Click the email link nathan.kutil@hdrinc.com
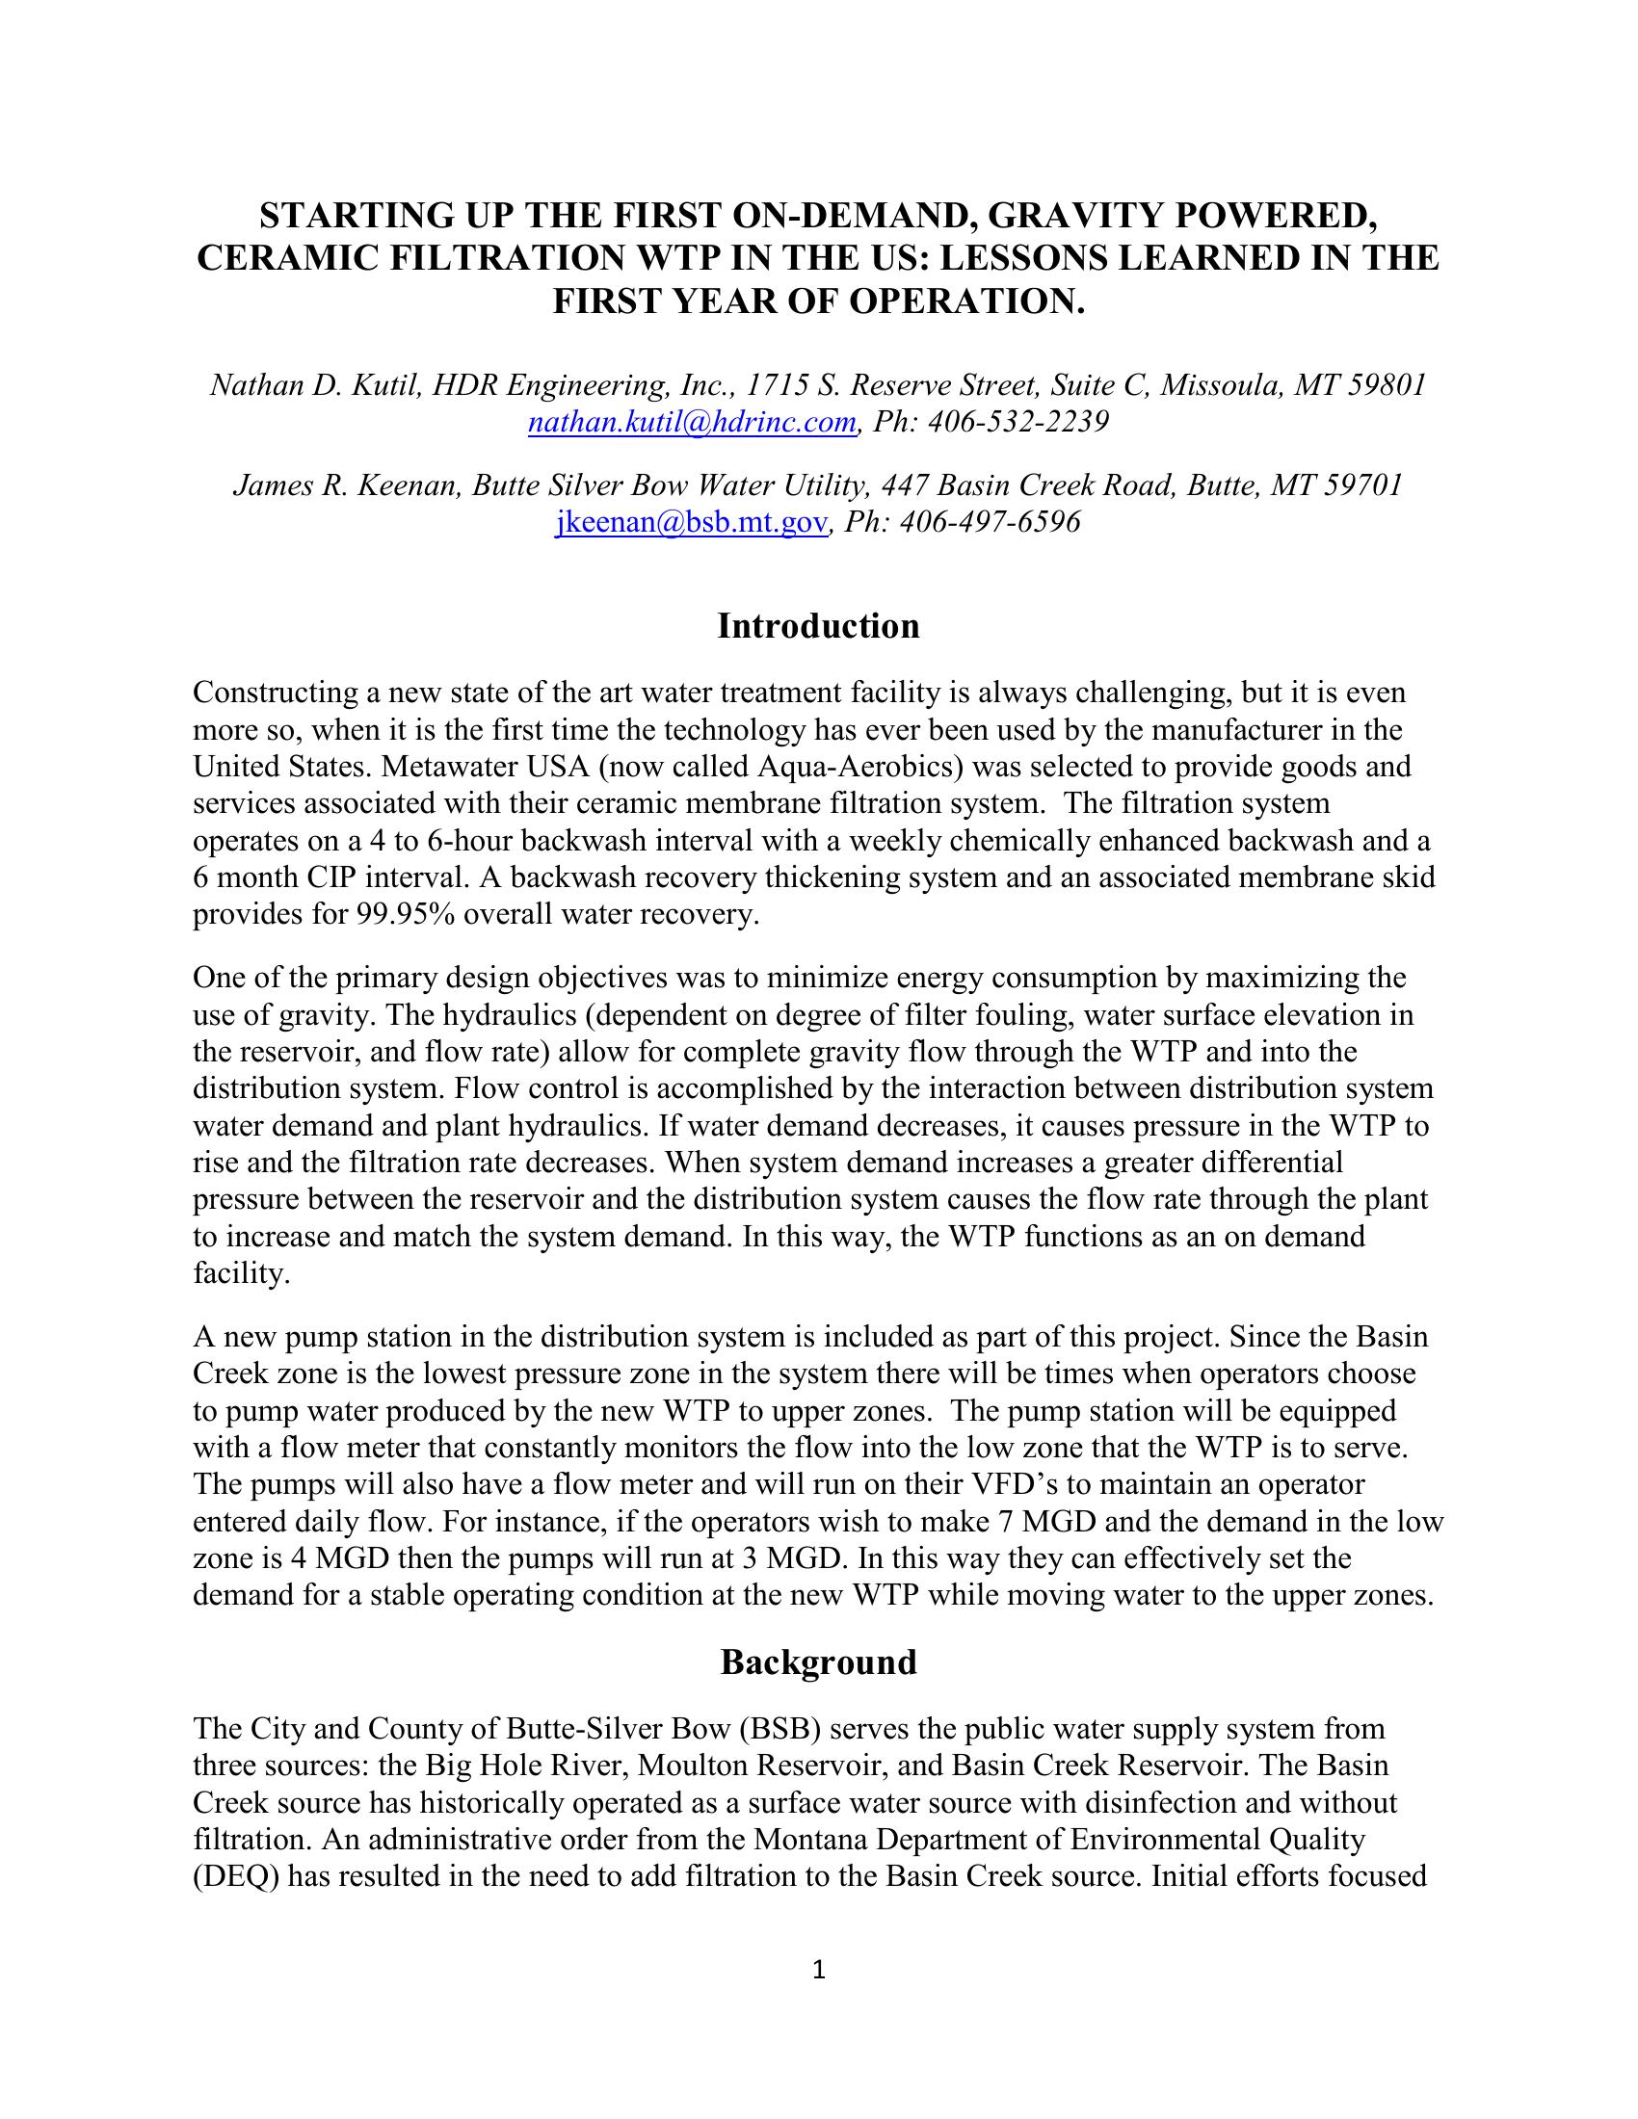(692, 422)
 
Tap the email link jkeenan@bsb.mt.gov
(691, 522)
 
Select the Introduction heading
(818, 626)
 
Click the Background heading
(818, 1662)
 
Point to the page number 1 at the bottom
(818, 1970)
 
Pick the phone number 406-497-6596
(990, 522)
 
